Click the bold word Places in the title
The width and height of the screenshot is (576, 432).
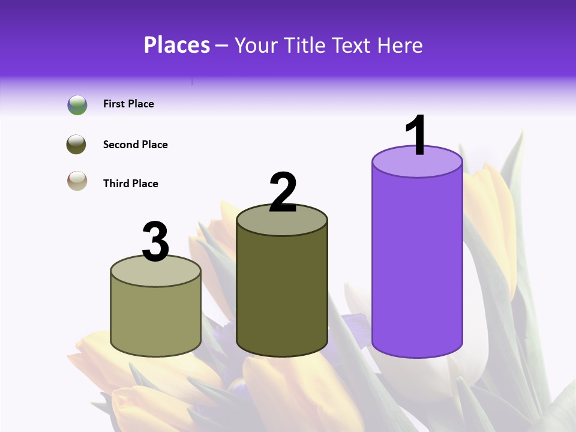click(x=177, y=45)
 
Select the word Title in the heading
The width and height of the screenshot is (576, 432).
click(x=304, y=45)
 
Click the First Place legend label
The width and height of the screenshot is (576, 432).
click(x=128, y=104)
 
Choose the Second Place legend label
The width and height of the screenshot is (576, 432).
click(x=135, y=145)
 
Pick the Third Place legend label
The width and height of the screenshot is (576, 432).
click(x=130, y=184)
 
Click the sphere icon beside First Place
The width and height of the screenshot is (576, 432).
click(x=77, y=105)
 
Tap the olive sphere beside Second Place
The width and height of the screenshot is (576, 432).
click(x=77, y=145)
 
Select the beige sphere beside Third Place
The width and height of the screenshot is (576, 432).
click(x=77, y=181)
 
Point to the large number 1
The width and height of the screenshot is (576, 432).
click(x=417, y=136)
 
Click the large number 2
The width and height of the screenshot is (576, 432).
click(x=283, y=193)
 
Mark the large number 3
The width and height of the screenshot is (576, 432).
click(x=155, y=242)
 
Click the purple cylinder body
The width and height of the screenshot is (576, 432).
click(x=417, y=264)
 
